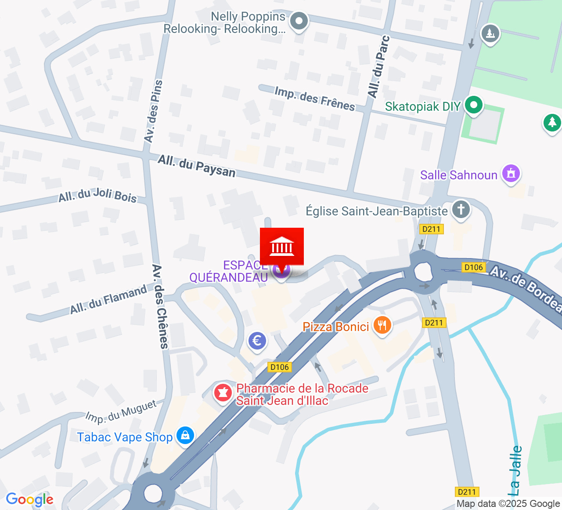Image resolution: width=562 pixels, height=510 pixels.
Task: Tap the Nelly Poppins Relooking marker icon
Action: click(x=300, y=21)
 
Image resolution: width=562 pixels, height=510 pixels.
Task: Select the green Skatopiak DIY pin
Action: click(x=473, y=106)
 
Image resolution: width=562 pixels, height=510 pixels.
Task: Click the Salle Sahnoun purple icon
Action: click(x=511, y=173)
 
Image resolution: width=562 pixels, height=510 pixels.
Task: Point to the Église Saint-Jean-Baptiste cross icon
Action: click(x=461, y=209)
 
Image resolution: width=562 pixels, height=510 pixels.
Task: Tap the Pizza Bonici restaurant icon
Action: click(x=382, y=326)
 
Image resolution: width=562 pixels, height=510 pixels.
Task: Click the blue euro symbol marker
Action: click(x=257, y=341)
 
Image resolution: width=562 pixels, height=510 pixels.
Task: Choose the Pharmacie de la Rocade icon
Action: click(x=223, y=392)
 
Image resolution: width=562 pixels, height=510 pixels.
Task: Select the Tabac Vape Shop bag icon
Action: click(x=185, y=435)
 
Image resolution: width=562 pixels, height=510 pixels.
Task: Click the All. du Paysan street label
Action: click(x=197, y=166)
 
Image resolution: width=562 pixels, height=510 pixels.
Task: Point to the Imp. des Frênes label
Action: click(x=314, y=99)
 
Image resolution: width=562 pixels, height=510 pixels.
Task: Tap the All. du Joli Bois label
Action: click(x=97, y=196)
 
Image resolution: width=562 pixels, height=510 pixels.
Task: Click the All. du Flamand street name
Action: click(x=108, y=299)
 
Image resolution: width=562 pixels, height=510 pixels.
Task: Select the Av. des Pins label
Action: click(x=153, y=111)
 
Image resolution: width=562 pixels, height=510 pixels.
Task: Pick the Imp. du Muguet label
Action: click(x=121, y=412)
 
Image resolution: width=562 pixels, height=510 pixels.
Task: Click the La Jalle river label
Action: click(x=516, y=470)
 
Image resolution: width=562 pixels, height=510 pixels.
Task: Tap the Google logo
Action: click(x=29, y=499)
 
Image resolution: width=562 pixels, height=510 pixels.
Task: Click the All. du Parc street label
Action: click(x=378, y=67)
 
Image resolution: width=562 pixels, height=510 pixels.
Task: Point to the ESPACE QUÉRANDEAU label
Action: click(x=229, y=271)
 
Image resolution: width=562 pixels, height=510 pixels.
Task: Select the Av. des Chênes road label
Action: click(x=160, y=306)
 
